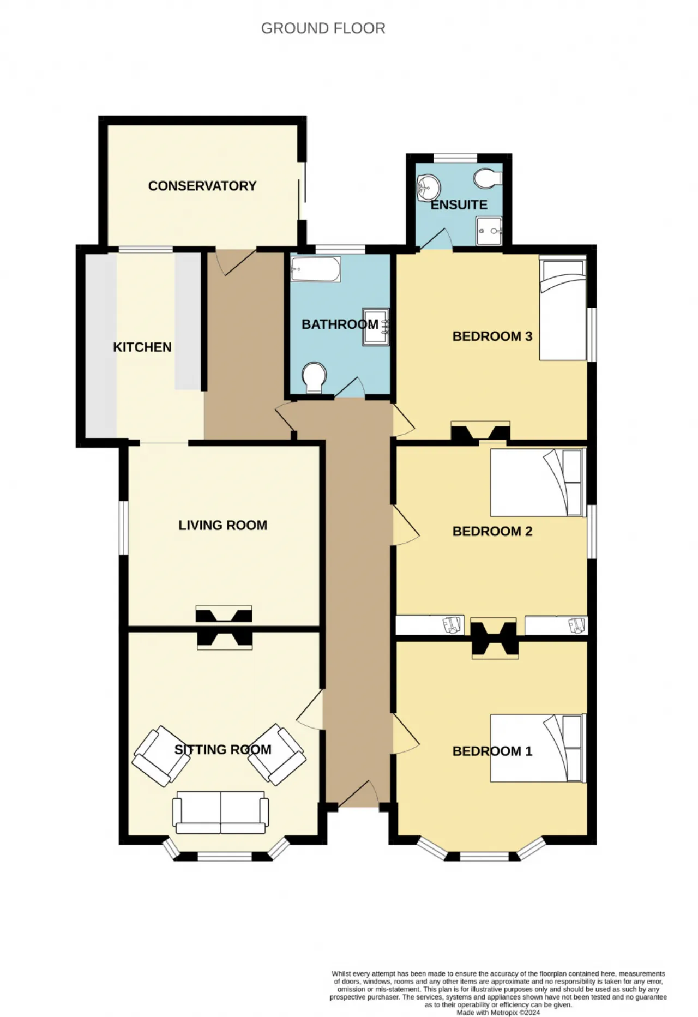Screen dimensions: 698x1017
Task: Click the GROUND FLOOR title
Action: tap(323, 28)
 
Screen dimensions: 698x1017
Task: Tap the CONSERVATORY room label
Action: tap(202, 186)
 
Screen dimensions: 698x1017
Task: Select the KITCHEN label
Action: tap(142, 347)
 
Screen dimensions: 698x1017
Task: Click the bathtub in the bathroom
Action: tap(316, 269)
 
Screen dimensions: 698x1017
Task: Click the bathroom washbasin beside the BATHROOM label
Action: tap(376, 327)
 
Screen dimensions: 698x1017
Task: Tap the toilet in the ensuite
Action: tap(488, 177)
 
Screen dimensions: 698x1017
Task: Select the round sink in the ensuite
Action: tap(428, 188)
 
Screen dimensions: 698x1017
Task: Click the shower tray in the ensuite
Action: tap(489, 231)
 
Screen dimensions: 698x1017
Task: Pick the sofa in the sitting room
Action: tap(221, 813)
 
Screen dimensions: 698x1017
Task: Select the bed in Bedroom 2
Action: tap(538, 482)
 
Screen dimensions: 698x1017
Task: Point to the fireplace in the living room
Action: tap(224, 614)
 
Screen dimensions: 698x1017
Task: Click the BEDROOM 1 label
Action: tap(492, 751)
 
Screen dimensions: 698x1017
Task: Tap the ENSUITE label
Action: tap(459, 205)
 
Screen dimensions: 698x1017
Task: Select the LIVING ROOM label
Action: tap(223, 526)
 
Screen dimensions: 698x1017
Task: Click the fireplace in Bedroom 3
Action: tap(480, 431)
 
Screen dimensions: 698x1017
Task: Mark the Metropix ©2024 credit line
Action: tap(498, 1013)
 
